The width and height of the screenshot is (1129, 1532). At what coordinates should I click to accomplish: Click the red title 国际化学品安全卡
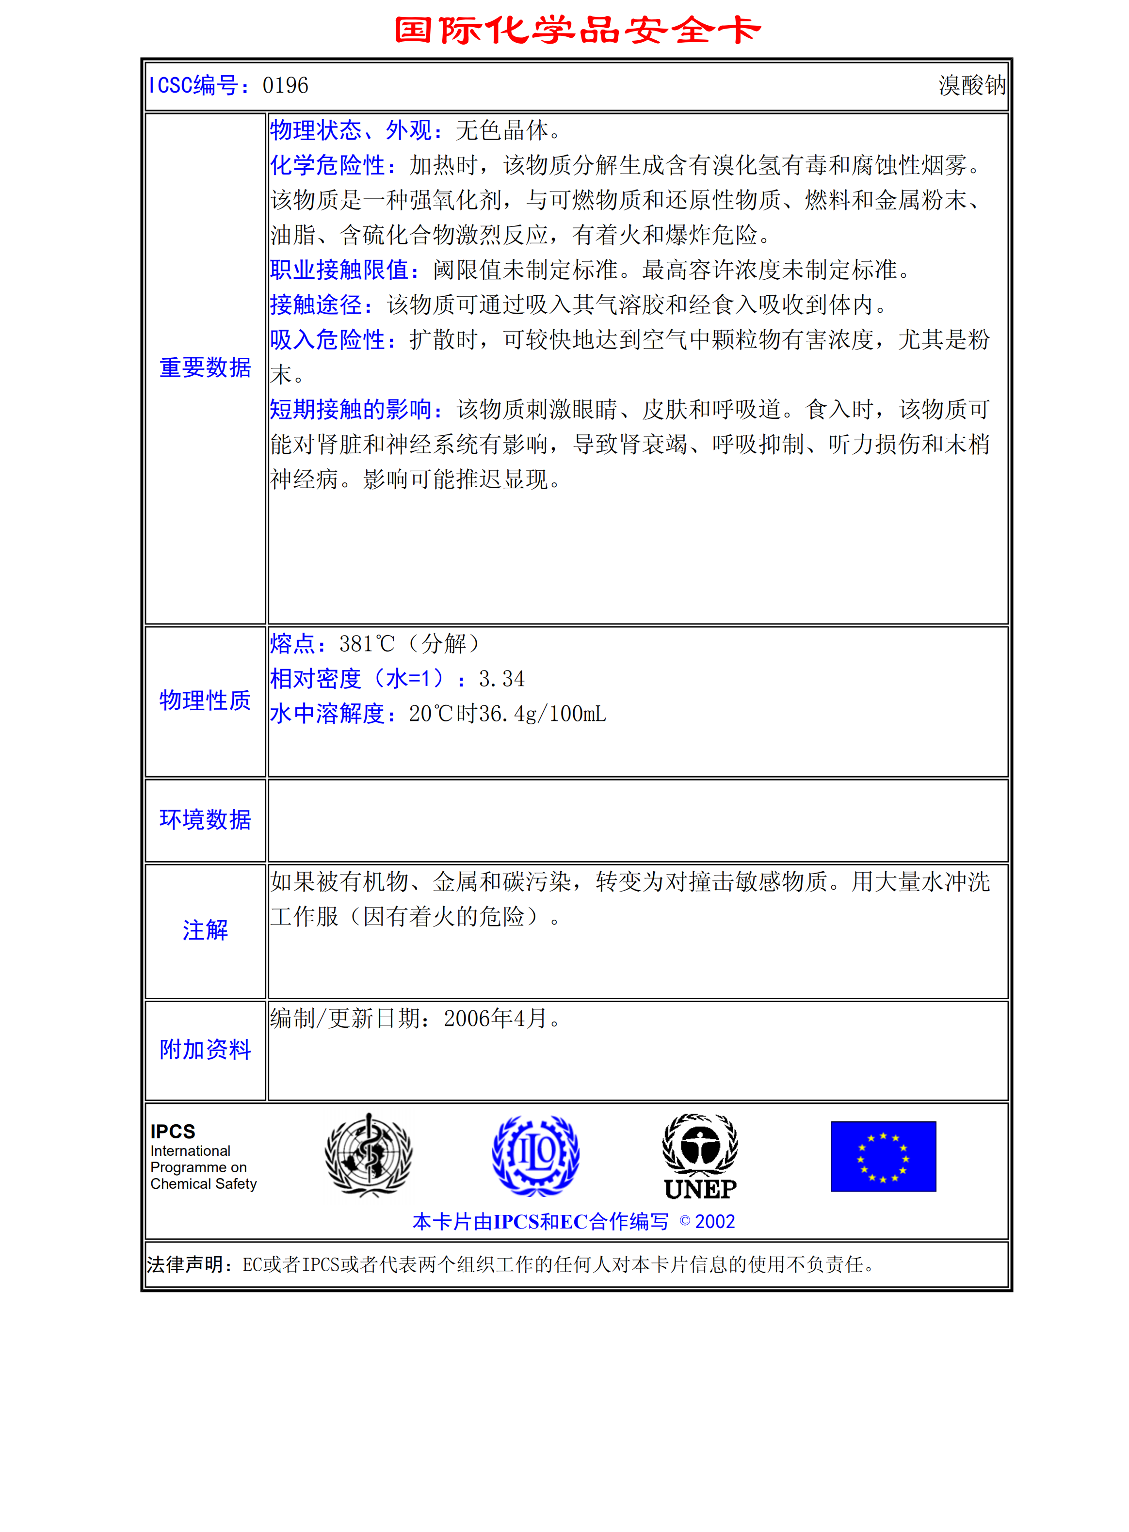tap(578, 30)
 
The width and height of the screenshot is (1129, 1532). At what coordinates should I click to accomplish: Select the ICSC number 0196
tap(285, 85)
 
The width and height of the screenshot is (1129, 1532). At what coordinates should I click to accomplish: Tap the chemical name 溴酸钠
tap(971, 85)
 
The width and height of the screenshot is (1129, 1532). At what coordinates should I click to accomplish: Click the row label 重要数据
tap(205, 367)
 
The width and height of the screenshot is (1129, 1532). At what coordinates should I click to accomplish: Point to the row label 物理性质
tap(205, 700)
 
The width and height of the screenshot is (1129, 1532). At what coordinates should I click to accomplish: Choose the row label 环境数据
tap(205, 820)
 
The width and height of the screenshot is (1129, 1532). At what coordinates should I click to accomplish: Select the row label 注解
tap(205, 930)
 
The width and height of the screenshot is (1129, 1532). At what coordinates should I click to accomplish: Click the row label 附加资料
tap(205, 1049)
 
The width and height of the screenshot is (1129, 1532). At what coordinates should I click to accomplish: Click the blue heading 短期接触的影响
tap(355, 409)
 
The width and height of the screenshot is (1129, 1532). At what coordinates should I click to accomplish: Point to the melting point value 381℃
tap(367, 643)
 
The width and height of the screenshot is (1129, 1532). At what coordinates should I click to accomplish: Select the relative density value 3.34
tap(501, 679)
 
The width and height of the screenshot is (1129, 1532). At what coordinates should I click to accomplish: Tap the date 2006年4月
tap(496, 1019)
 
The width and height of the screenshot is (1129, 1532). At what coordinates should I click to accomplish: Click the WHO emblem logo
tap(369, 1155)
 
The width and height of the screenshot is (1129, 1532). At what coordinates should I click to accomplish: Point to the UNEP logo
tap(700, 1156)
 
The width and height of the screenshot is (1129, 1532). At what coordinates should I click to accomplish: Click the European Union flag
tap(883, 1156)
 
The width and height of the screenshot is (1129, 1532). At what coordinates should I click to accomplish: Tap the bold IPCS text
tap(173, 1132)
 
